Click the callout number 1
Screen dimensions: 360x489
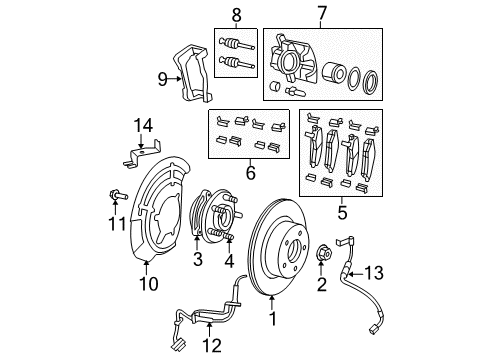click(x=271, y=321)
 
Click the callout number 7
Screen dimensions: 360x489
click(x=321, y=14)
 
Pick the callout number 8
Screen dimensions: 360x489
click(x=236, y=14)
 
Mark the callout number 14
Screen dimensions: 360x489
click(x=145, y=124)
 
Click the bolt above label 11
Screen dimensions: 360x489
click(x=117, y=195)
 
